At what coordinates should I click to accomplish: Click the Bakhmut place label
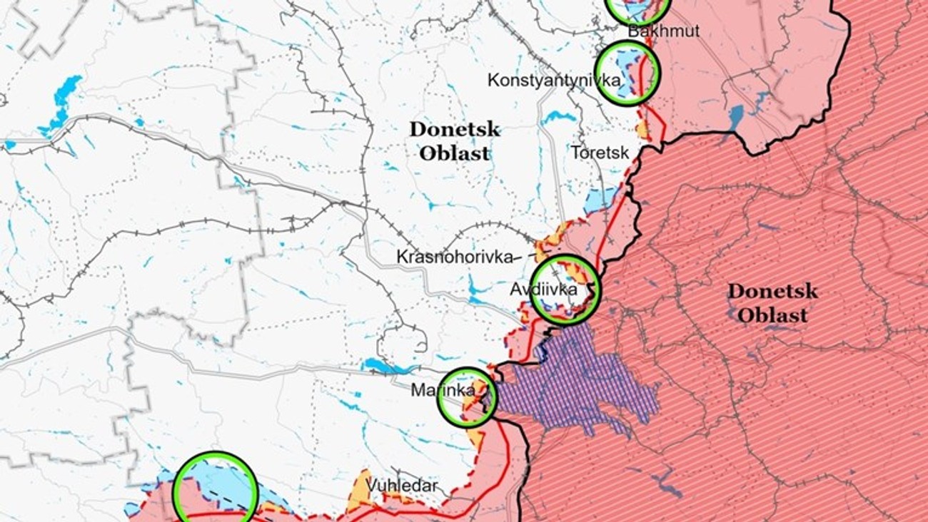(x=664, y=31)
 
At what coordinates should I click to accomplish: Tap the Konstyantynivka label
(x=554, y=80)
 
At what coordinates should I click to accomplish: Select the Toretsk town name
(x=600, y=153)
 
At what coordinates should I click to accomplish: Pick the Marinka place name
(x=443, y=391)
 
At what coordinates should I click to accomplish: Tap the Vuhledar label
(x=402, y=486)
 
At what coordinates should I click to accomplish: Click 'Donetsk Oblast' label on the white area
(x=455, y=141)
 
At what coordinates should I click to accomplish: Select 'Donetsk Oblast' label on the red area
(x=772, y=302)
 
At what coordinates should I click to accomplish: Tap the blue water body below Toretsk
(x=598, y=200)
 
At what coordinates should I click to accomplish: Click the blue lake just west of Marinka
(x=385, y=367)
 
